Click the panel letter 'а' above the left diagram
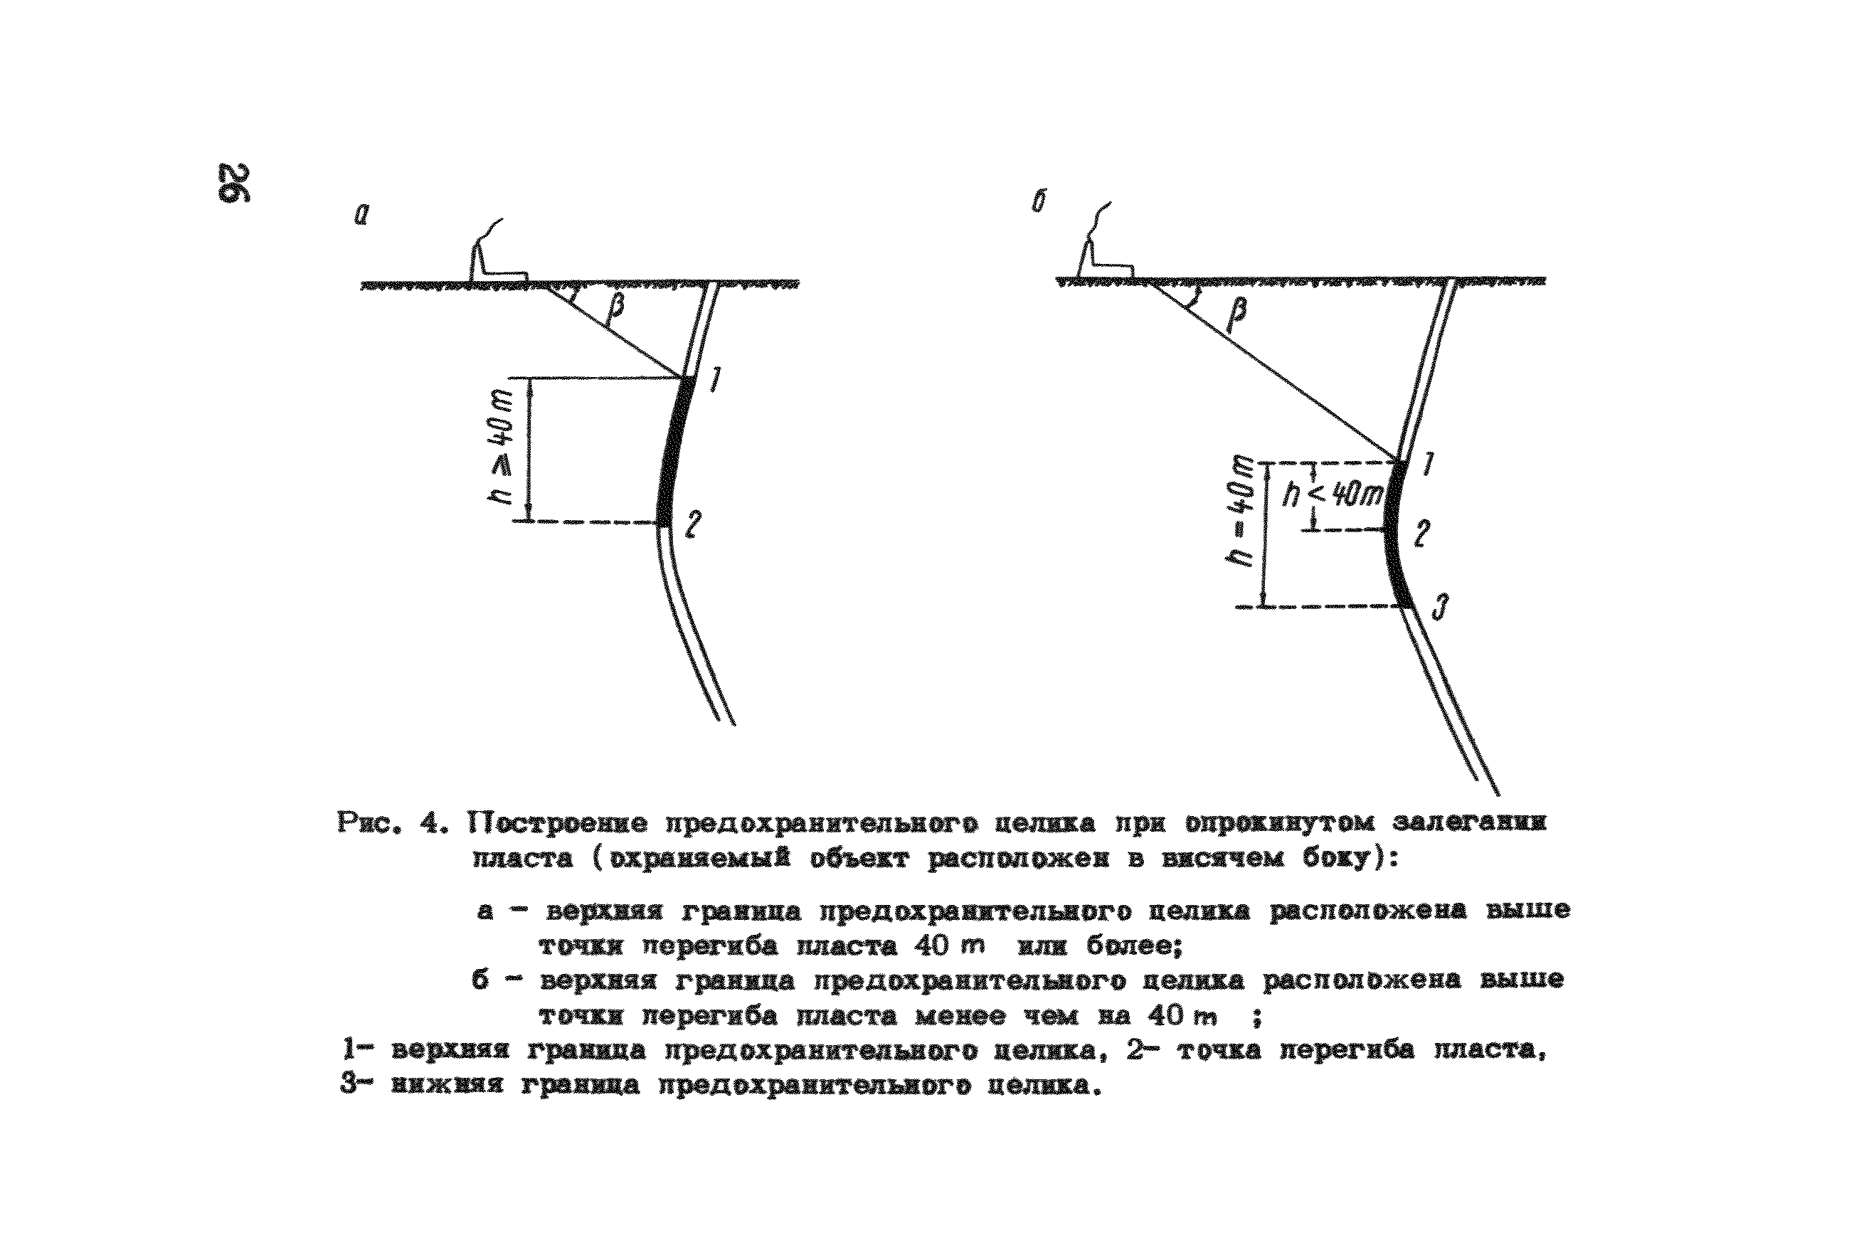pos(362,214)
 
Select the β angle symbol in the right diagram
pos(1236,314)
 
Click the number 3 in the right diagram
pos(1439,608)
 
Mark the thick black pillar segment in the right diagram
pos(1397,537)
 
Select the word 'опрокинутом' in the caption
pos(1280,822)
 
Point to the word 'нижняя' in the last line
pos(447,1085)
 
